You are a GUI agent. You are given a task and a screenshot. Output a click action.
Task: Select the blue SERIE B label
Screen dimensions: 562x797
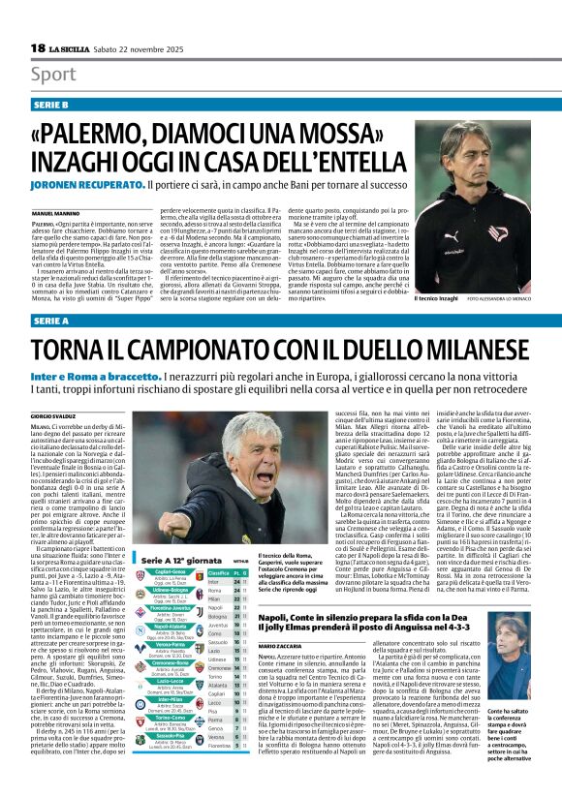coord(50,103)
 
